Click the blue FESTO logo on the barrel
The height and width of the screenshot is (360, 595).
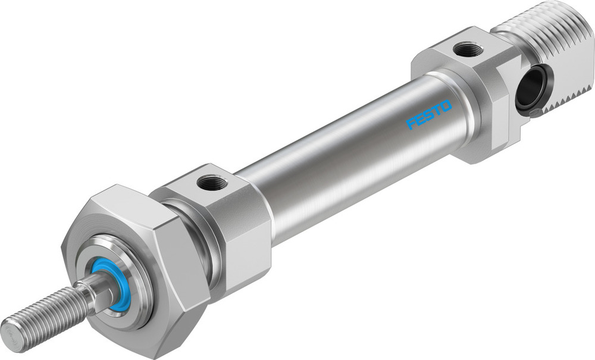pos(429,115)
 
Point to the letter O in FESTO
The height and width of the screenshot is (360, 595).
pos(446,107)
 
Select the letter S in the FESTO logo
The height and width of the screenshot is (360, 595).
pos(428,115)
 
